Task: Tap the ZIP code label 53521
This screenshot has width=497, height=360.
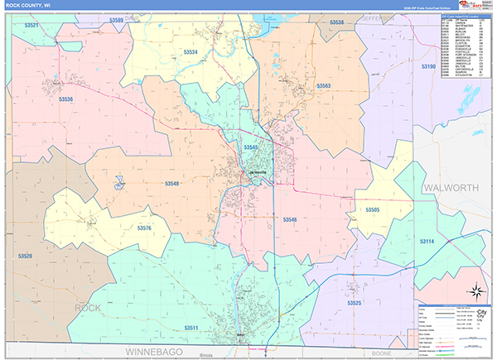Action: point(31,26)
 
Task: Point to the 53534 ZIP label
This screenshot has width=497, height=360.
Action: point(191,52)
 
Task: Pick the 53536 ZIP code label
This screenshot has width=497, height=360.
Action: point(66,99)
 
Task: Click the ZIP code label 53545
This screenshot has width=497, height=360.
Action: point(251,146)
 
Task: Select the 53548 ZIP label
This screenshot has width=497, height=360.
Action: point(171,183)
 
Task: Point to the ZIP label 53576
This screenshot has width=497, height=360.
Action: point(144,228)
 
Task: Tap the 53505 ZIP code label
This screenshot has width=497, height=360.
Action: point(373,210)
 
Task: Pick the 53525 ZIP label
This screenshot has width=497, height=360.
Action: point(355,304)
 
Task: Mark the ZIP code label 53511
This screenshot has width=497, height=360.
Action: point(191,329)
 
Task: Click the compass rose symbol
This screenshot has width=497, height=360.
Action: point(477,290)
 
